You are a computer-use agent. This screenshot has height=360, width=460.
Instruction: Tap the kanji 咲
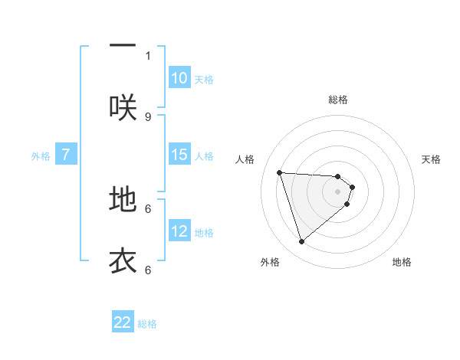123,107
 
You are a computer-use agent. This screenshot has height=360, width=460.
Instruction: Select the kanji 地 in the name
123,199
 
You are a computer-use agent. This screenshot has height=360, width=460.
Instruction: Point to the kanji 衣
123,260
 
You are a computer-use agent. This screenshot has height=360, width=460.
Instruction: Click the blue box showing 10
179,78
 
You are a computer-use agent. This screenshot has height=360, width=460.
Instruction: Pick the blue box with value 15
179,155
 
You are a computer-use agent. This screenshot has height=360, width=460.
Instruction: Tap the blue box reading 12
179,231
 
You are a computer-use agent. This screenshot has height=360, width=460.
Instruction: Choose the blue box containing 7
66,155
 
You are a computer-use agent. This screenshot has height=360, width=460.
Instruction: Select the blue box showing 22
123,322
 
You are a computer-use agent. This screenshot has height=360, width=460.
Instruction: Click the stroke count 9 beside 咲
148,116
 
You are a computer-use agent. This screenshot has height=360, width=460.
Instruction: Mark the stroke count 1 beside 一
148,55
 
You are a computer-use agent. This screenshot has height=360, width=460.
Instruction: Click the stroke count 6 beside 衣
148,270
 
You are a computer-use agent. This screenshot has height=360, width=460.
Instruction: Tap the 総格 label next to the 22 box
147,324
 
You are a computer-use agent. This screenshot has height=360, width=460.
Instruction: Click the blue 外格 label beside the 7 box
41,156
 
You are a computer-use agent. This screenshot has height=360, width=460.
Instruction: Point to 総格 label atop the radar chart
338,100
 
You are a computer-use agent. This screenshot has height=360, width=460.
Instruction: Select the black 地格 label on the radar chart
402,262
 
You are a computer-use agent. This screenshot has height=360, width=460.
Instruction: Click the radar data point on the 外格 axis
301,242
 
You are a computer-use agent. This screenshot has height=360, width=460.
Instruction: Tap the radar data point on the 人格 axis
280,172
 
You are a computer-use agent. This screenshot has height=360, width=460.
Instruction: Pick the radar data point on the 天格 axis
352,186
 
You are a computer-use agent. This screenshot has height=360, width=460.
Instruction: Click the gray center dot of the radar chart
338,191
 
